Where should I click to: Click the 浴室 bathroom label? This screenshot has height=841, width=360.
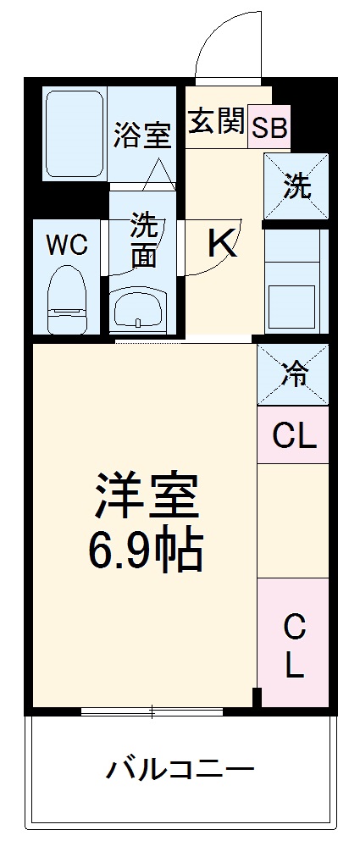(x=142, y=135)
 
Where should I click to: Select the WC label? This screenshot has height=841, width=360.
(x=67, y=245)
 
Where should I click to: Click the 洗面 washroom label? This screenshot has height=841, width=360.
(x=143, y=241)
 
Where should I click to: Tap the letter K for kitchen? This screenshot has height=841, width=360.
(x=222, y=245)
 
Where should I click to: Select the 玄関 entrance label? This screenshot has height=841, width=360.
(x=216, y=123)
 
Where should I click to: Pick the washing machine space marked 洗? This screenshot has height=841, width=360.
(x=296, y=187)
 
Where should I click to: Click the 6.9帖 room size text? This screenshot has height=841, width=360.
(x=147, y=552)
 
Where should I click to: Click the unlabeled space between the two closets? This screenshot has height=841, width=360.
(x=294, y=521)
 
